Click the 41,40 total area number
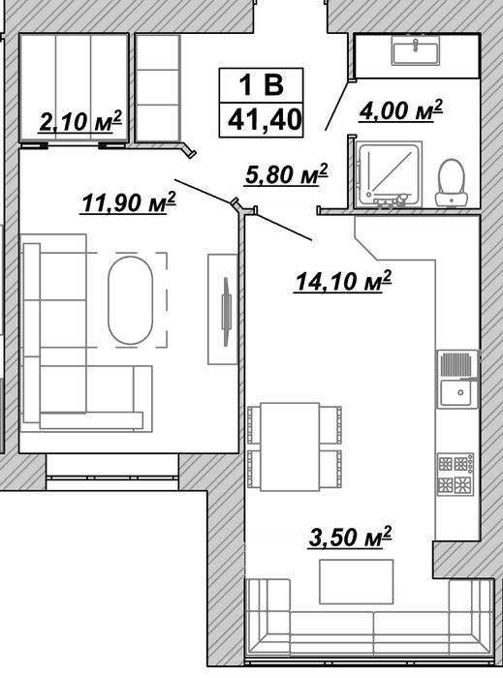coord(265,120)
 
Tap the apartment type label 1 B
coord(262,85)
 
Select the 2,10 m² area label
coord(80,121)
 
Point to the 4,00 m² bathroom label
coord(400,110)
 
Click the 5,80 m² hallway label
coord(286,174)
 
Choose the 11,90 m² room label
coord(129,202)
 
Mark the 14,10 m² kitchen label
coord(343,282)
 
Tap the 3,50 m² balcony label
coord(350,537)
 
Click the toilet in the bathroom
coord(452,182)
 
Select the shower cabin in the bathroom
coord(388,174)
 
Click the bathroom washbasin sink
coord(416,50)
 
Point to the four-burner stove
coord(456,475)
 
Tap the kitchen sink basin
coord(457,392)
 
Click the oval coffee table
coord(130,300)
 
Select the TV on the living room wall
coord(226,312)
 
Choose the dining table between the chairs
coord(290,447)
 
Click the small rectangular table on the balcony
coord(357,581)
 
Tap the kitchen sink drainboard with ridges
coord(456,365)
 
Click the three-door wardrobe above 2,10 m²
coord(74,88)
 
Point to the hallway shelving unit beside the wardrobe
coord(157,88)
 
